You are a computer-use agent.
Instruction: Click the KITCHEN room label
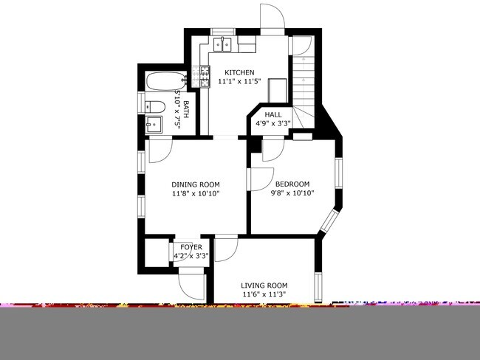[x=239, y=72]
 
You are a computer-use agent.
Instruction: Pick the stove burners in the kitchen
[x=202, y=73]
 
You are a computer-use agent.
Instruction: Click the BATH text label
[x=186, y=109]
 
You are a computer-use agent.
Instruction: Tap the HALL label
[x=273, y=114]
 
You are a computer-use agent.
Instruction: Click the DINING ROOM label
[x=196, y=184]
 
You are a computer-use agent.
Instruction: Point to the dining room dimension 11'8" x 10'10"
[x=196, y=194]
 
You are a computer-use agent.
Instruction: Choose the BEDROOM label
[x=292, y=184]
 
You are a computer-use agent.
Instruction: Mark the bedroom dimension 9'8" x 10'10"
[x=292, y=194]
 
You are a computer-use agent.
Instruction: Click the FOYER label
[x=191, y=247]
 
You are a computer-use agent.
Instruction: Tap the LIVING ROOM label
[x=264, y=285]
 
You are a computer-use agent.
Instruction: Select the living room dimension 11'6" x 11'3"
[x=264, y=295]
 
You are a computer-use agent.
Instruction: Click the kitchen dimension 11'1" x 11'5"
[x=239, y=82]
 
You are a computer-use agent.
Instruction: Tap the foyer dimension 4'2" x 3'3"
[x=191, y=257]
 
